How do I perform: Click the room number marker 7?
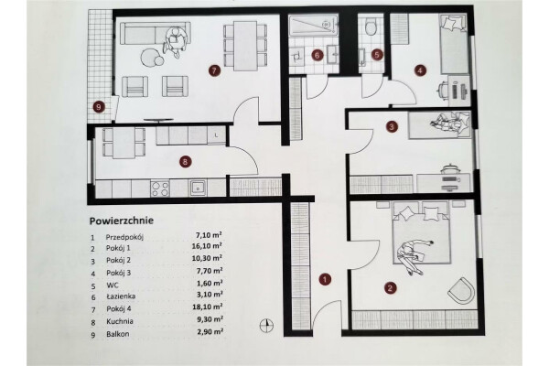point(214,70)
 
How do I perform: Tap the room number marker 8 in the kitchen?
point(186,162)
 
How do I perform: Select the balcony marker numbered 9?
point(99,106)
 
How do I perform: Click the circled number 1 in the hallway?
point(323,277)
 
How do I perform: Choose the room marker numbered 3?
point(391,127)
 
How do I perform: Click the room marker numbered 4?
point(420,68)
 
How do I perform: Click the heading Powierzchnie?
point(121,221)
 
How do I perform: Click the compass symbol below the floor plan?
point(266,323)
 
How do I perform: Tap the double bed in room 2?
point(418,240)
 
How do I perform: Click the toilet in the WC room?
point(369,28)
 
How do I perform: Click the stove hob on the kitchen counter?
point(160,188)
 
